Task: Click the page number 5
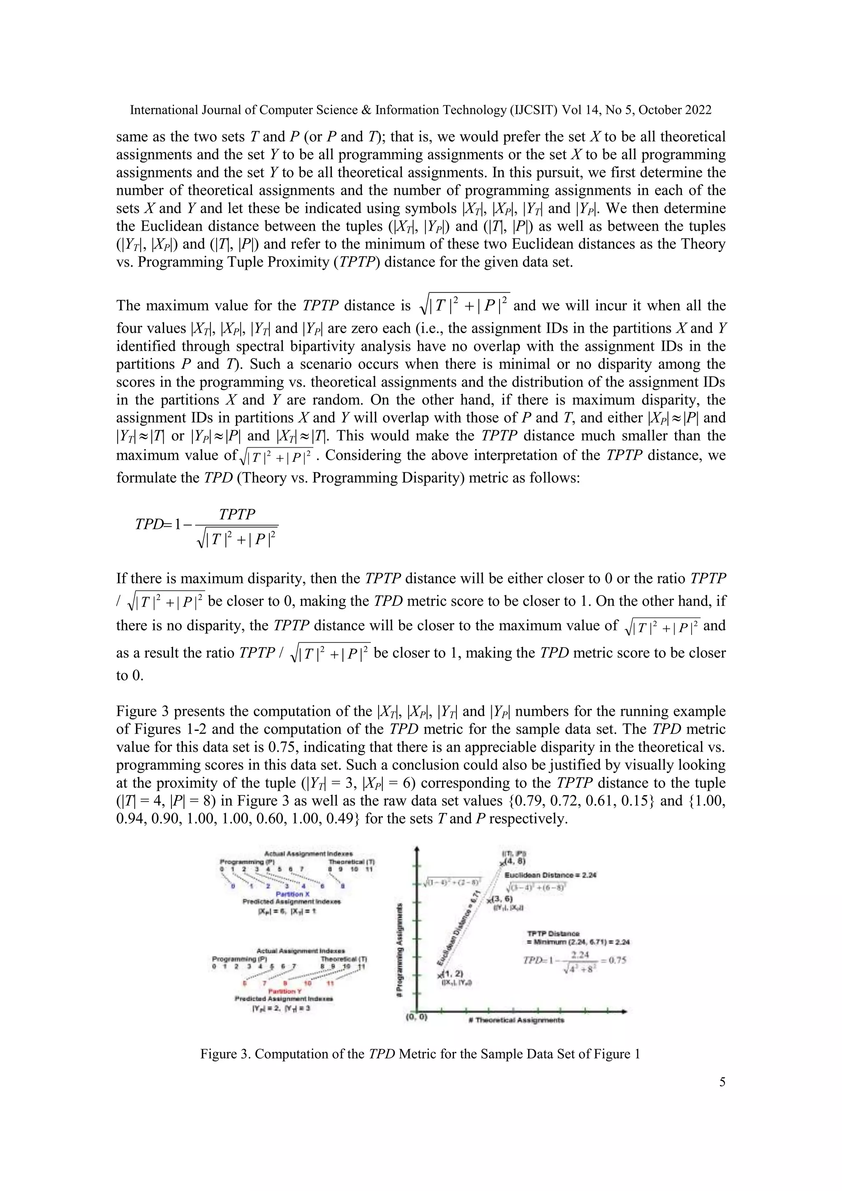[x=722, y=1082]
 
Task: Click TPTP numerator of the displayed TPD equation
[x=237, y=514]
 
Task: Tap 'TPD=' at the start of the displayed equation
[x=149, y=524]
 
